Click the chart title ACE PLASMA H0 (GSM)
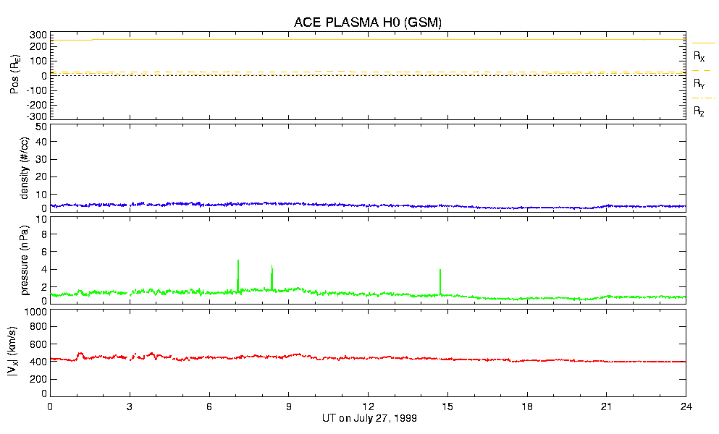point(368,22)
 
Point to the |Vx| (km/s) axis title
point(14,353)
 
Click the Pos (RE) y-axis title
point(14,76)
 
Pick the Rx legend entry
point(699,56)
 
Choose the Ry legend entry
point(699,84)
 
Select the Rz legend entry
point(699,111)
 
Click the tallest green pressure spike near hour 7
point(238,262)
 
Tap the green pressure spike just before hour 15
point(440,271)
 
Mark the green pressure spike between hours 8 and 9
point(272,267)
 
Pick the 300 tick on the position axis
point(37,35)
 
